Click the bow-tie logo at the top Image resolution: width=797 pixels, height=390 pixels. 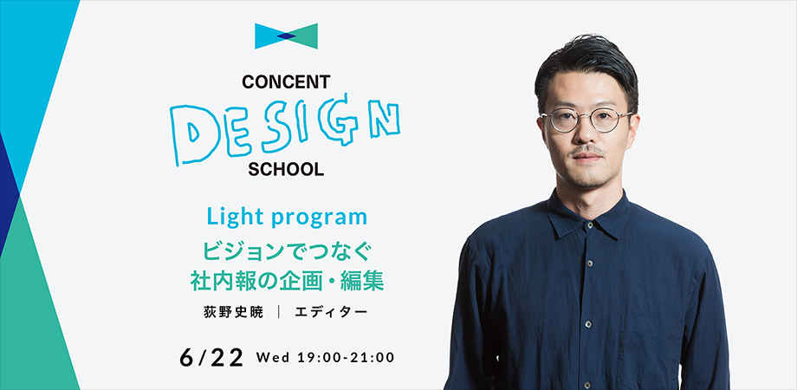(286, 36)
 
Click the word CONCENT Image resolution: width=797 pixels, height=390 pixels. (286, 83)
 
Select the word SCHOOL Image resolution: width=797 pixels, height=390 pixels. (286, 170)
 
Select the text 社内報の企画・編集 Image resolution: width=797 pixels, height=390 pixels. (286, 281)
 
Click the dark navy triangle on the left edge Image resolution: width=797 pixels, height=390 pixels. (8, 195)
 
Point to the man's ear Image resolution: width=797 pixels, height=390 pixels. (639, 130)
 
